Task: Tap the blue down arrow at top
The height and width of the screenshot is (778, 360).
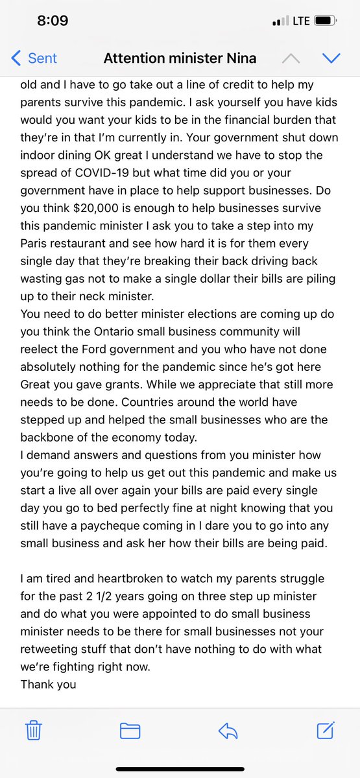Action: click(x=331, y=58)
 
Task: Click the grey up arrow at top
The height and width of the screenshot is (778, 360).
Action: click(x=291, y=58)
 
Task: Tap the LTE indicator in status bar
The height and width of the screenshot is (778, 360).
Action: click(x=301, y=21)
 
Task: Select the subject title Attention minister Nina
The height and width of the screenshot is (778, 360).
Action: click(x=180, y=58)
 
